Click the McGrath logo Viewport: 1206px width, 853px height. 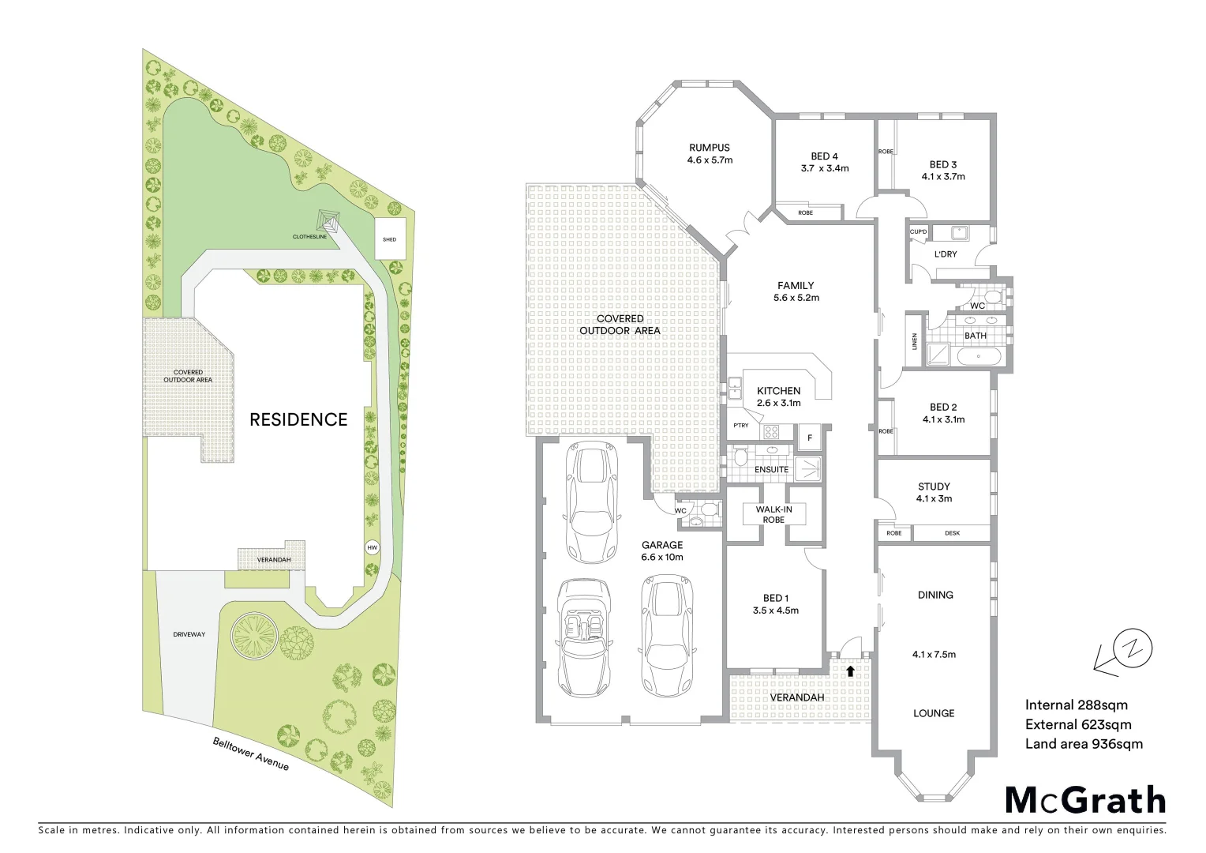(x=1085, y=800)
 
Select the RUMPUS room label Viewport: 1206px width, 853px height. (x=709, y=148)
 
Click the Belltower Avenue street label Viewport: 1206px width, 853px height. (x=250, y=754)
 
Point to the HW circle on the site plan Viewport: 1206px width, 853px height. (x=372, y=547)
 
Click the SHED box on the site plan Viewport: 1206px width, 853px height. (x=389, y=239)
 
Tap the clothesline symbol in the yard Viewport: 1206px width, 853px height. (x=328, y=220)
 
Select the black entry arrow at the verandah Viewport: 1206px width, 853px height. (x=850, y=671)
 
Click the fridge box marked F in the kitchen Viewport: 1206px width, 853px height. (x=809, y=438)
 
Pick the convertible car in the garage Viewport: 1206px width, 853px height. (x=582, y=637)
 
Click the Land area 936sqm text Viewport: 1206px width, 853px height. (x=1084, y=743)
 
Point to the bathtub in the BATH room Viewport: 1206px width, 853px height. (x=979, y=357)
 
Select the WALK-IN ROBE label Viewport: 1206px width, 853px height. (x=773, y=514)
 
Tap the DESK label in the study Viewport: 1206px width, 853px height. (x=952, y=533)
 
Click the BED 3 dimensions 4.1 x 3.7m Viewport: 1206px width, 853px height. (x=943, y=176)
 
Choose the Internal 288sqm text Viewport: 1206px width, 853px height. (x=1076, y=705)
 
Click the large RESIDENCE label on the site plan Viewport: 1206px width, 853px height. (x=298, y=419)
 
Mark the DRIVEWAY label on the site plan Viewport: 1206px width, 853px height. (x=189, y=634)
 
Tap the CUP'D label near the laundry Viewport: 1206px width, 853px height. (x=918, y=231)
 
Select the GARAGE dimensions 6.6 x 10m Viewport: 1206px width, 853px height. (x=661, y=557)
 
